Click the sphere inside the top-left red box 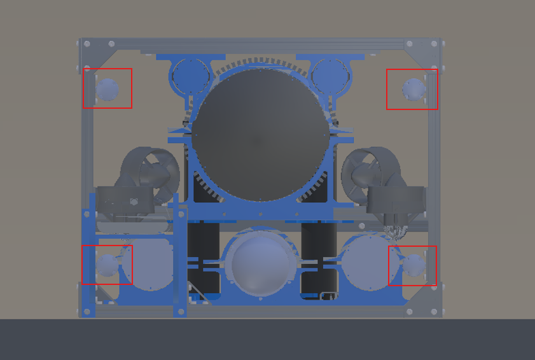(x=108, y=90)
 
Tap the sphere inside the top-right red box (x=413, y=89)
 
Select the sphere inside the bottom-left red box (x=108, y=264)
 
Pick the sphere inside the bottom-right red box (x=415, y=263)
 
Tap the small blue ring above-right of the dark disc (x=331, y=76)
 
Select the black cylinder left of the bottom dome (x=204, y=254)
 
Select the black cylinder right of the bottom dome (x=318, y=254)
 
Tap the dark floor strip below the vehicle (x=267, y=340)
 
